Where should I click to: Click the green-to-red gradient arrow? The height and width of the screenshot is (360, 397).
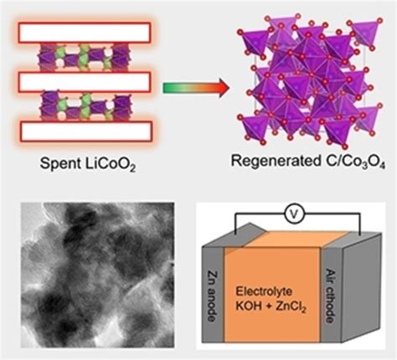tap(196, 88)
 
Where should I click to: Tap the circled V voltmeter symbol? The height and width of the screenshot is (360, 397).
tap(293, 214)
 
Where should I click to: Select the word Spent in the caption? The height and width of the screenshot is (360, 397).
tap(59, 163)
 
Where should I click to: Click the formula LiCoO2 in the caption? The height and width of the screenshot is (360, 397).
tap(110, 164)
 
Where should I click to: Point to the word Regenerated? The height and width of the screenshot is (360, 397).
tap(275, 161)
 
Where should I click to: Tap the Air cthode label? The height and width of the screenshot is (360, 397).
tap(331, 296)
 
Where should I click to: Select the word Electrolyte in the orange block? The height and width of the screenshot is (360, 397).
tap(264, 291)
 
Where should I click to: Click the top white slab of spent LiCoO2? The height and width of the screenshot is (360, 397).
tap(85, 33)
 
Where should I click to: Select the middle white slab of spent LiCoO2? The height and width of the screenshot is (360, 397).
tap(85, 82)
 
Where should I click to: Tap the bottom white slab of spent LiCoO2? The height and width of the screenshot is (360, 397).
tap(86, 131)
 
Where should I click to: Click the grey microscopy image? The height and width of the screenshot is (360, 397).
tap(98, 275)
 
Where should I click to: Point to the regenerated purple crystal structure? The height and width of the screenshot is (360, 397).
tap(309, 82)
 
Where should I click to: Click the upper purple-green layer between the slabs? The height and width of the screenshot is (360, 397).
tap(84, 58)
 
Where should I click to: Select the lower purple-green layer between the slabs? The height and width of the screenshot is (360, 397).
tap(85, 106)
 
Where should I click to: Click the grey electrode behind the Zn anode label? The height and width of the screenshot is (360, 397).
tap(213, 295)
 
